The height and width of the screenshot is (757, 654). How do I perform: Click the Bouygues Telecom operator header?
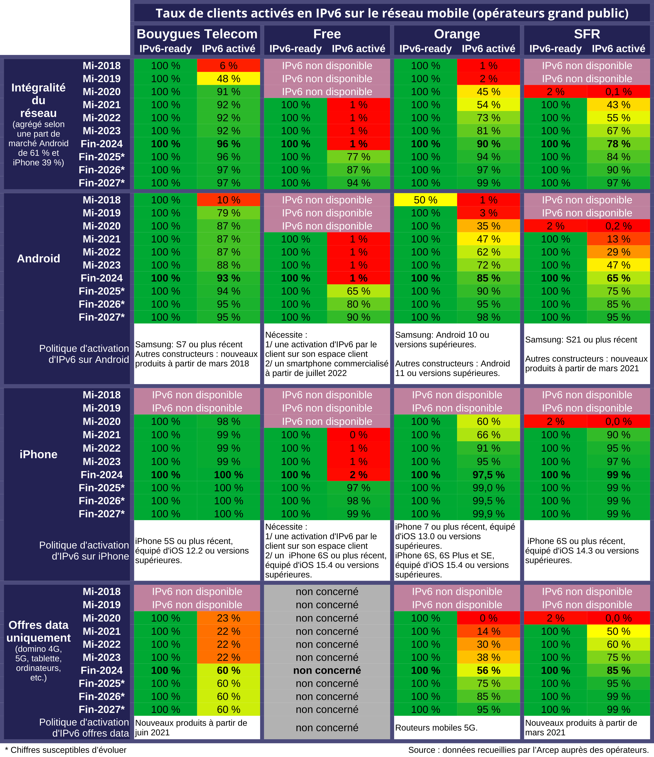click(x=197, y=34)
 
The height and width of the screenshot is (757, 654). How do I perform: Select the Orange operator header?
click(x=457, y=34)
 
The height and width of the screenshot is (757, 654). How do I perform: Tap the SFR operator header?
click(x=587, y=34)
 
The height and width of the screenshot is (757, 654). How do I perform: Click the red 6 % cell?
click(x=228, y=66)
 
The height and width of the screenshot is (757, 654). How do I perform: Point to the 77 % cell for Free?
click(x=358, y=157)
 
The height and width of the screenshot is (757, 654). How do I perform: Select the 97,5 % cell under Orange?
click(x=489, y=475)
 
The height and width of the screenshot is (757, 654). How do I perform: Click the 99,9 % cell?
click(x=489, y=514)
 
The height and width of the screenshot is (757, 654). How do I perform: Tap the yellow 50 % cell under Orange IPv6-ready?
click(x=426, y=200)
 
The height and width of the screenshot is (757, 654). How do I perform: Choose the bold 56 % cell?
click(x=489, y=670)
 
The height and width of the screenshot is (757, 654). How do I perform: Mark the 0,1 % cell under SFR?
click(x=618, y=92)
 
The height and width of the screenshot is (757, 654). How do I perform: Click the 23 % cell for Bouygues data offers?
click(x=228, y=618)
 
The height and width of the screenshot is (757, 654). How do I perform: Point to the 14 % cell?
click(x=489, y=631)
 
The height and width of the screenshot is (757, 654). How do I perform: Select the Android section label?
click(x=38, y=259)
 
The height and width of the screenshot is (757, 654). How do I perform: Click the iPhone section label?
click(x=38, y=454)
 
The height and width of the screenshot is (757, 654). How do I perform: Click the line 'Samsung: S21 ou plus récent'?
click(x=581, y=340)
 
